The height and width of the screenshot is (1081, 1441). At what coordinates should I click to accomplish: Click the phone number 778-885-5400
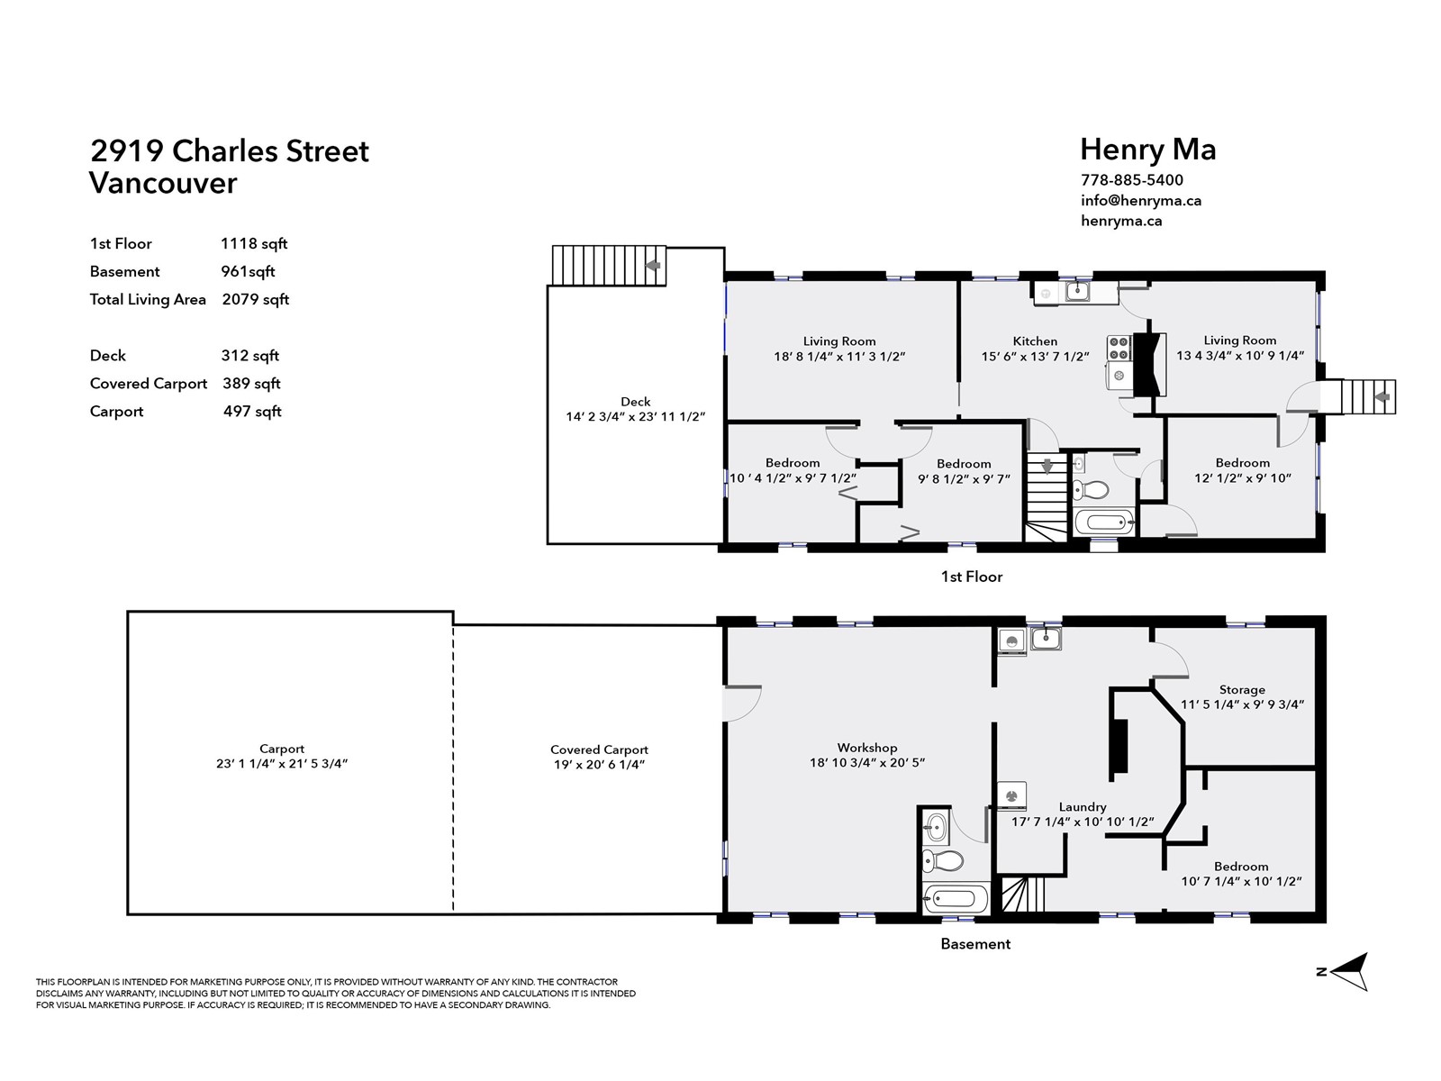tap(1132, 180)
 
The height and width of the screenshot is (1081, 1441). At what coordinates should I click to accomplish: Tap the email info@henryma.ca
tap(1141, 200)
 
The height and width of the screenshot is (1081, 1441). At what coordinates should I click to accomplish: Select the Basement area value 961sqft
tap(248, 271)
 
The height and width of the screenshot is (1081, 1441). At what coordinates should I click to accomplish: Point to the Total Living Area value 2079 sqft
tap(256, 299)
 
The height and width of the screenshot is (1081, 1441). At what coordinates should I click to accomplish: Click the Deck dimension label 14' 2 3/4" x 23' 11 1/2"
tap(636, 417)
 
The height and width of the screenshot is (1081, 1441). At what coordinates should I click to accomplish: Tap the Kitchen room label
tap(1035, 341)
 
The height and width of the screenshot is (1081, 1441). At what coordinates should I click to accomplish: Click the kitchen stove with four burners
tap(1119, 348)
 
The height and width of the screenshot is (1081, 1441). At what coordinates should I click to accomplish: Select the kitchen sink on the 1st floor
tap(1077, 291)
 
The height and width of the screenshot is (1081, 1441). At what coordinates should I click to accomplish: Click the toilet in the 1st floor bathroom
tap(1089, 490)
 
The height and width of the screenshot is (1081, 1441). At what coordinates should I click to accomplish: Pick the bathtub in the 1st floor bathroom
tap(1105, 522)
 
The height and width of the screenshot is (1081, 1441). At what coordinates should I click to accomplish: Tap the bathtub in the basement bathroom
tap(956, 898)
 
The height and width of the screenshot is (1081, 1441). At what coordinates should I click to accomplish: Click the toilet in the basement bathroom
tap(941, 859)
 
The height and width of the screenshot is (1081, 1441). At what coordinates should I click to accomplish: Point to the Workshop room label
tap(866, 748)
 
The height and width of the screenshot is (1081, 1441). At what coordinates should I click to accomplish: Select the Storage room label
tap(1242, 690)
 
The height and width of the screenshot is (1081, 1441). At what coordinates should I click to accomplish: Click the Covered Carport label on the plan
tap(599, 749)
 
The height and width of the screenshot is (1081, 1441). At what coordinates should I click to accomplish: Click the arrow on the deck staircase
tap(653, 265)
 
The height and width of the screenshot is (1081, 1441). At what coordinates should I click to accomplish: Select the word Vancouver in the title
tap(163, 183)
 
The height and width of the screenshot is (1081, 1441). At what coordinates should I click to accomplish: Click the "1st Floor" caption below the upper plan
tap(972, 577)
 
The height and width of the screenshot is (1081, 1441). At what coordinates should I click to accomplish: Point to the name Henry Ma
tap(1148, 149)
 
